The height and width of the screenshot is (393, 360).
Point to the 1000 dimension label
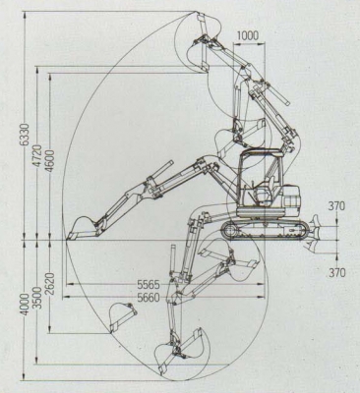point(249,36)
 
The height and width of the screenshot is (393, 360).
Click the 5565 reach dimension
point(150,282)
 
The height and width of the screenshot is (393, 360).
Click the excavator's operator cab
point(260,177)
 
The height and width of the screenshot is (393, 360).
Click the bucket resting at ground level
point(79,228)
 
